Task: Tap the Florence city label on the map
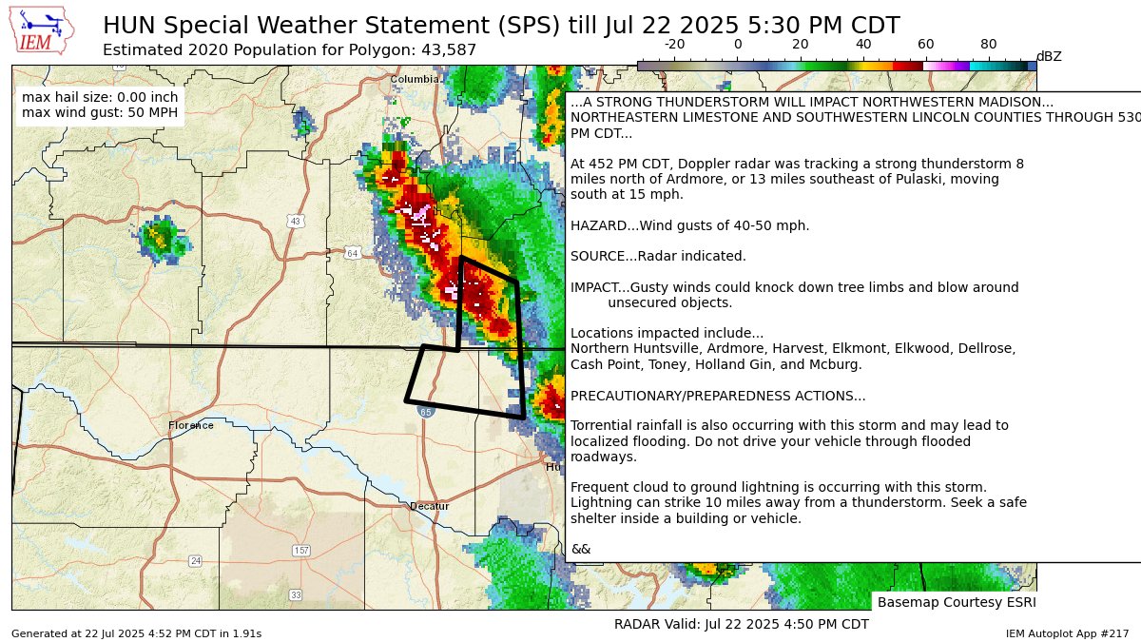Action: [x=191, y=425]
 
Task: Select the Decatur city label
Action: [x=429, y=506]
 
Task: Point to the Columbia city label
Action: [x=414, y=79]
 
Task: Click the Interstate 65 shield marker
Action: [x=425, y=412]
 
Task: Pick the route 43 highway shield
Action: [x=296, y=221]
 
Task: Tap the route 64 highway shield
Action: [x=352, y=253]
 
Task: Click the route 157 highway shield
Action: [x=301, y=551]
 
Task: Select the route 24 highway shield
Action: [x=195, y=560]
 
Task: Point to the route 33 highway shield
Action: [x=296, y=594]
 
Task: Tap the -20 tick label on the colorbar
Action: [x=674, y=45]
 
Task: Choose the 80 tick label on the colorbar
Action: [x=988, y=45]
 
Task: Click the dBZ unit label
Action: [x=1048, y=56]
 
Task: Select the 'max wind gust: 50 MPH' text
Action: [x=99, y=114]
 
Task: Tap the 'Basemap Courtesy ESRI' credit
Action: [x=956, y=602]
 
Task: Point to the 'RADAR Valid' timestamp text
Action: [x=742, y=624]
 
